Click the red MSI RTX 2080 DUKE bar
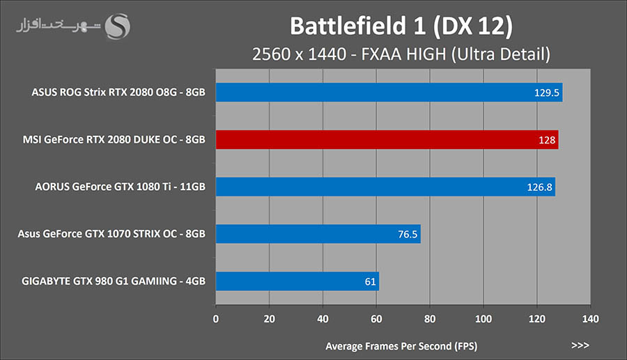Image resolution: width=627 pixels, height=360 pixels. click(x=387, y=139)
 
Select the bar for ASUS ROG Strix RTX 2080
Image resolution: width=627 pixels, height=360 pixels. click(x=389, y=92)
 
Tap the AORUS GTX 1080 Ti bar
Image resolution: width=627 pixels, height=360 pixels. click(x=385, y=187)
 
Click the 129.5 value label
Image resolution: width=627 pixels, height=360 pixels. click(x=547, y=93)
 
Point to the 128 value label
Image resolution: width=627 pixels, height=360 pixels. click(x=547, y=140)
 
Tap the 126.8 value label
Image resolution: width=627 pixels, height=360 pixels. click(x=540, y=187)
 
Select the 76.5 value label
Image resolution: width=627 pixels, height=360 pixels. click(x=408, y=235)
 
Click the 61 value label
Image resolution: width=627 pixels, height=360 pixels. click(x=370, y=282)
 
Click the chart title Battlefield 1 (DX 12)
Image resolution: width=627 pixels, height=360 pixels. click(x=401, y=26)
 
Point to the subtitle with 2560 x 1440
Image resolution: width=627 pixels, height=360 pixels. click(x=401, y=54)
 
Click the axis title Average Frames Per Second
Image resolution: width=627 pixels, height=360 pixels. click(x=401, y=345)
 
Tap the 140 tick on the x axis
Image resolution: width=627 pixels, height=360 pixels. click(x=590, y=319)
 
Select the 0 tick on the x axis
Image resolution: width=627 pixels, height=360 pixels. click(x=216, y=319)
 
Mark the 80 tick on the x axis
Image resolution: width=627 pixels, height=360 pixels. click(x=430, y=319)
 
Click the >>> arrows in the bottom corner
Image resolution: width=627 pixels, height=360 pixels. click(x=580, y=345)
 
